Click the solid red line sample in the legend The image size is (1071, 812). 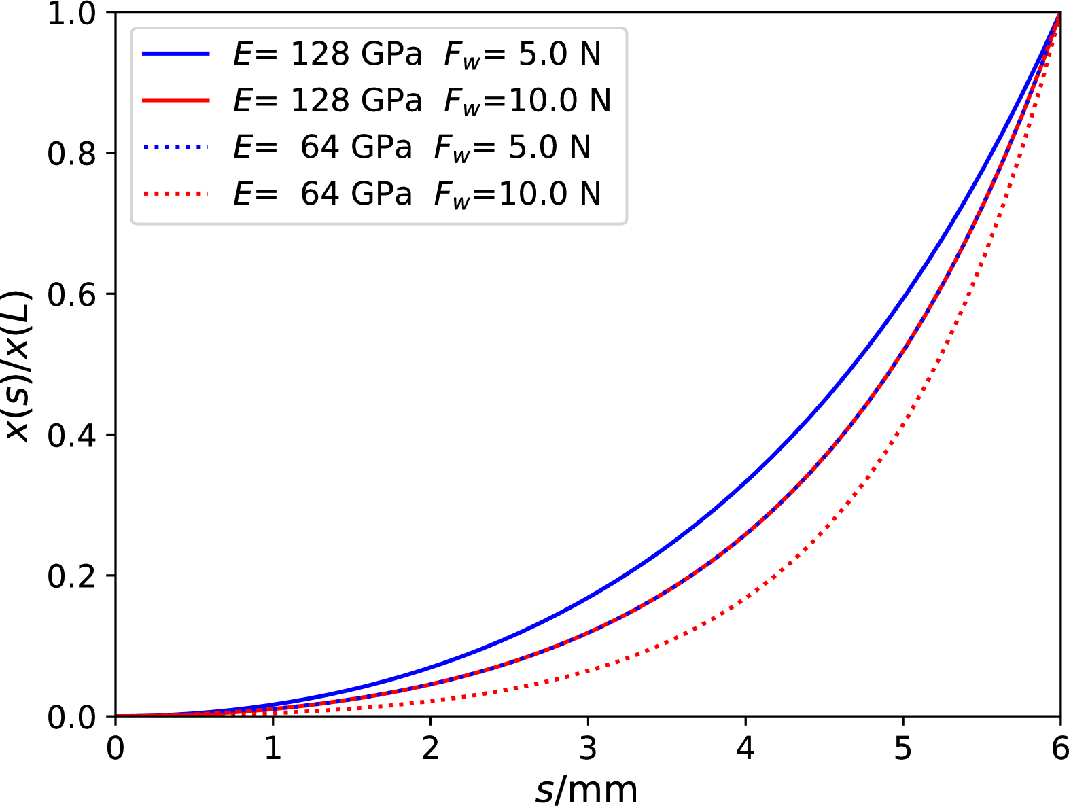coord(175,101)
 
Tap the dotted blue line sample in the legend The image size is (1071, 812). coord(175,147)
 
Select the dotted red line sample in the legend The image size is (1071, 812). coord(175,194)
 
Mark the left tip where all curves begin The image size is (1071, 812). coord(120,714)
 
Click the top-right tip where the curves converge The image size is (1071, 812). coord(1058,17)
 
